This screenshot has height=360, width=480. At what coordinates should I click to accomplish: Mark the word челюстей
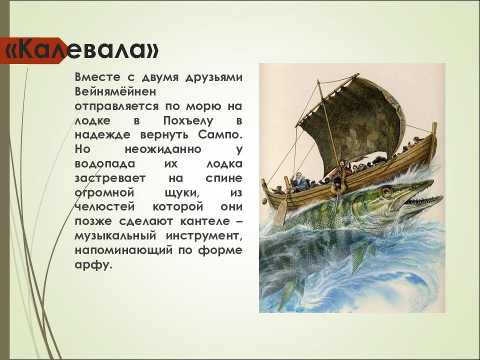(98, 207)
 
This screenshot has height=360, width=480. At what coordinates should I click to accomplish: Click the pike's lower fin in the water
(358, 255)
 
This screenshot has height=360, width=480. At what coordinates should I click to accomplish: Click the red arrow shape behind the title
(30, 50)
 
